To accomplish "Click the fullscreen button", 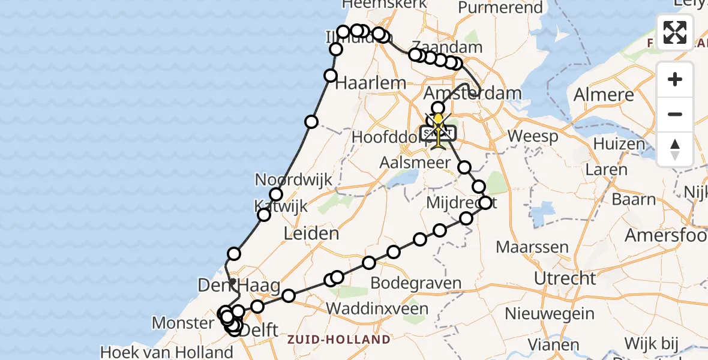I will click(675, 32).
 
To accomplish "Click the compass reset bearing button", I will click(675, 149).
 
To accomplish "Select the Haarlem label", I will click(370, 83).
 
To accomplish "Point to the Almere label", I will click(604, 95).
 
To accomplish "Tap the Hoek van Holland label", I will click(166, 352).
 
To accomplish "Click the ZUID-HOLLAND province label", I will click(338, 340).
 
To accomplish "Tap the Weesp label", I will click(533, 136).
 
